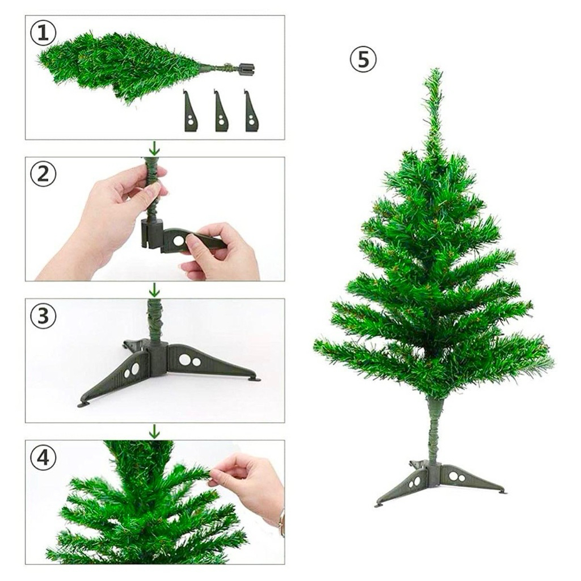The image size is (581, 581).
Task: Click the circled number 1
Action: click(43, 33)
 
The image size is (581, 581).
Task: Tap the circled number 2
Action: click(43, 174)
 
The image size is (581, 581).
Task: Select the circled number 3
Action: click(43, 316)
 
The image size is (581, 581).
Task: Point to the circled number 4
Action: click(43, 457)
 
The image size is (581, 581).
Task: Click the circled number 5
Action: click(363, 60)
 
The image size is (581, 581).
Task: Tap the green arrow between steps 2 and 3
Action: click(154, 290)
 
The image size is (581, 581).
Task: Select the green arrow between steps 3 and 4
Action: click(154, 432)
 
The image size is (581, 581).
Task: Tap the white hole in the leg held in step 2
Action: click(178, 241)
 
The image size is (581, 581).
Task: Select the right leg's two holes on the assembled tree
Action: click(457, 477)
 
